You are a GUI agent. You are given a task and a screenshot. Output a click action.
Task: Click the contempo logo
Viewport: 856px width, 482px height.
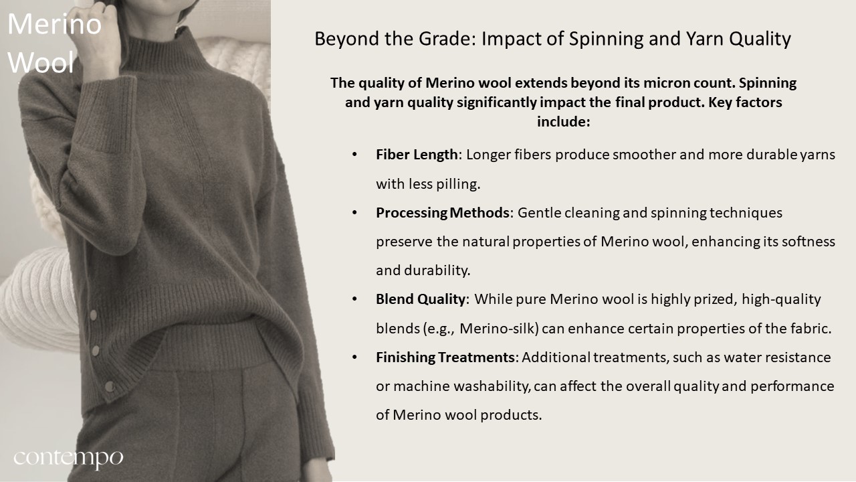pyautogui.click(x=68, y=459)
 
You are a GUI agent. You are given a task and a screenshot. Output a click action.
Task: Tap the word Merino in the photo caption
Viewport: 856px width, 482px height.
pyautogui.click(x=55, y=23)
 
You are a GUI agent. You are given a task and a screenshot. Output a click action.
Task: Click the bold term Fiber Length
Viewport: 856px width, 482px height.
pyautogui.click(x=417, y=155)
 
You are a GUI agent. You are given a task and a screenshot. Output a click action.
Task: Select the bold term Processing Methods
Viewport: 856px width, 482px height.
pyautogui.click(x=443, y=213)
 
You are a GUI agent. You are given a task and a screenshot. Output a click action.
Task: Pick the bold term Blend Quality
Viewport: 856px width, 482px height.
pyautogui.click(x=421, y=299)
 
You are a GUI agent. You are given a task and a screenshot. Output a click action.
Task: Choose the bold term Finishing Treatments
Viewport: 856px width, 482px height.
pyautogui.click(x=445, y=357)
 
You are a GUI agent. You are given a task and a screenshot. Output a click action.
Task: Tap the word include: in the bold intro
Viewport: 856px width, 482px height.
pyautogui.click(x=564, y=122)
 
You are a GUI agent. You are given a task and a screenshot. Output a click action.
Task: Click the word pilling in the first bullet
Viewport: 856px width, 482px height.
pyautogui.click(x=461, y=184)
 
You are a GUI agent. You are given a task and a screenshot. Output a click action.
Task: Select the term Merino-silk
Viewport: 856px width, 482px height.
pyautogui.click(x=499, y=329)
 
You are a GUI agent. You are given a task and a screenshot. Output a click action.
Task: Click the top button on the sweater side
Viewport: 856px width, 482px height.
pyautogui.click(x=93, y=315)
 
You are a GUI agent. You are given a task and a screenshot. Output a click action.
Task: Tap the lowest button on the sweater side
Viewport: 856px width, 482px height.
pyautogui.click(x=109, y=386)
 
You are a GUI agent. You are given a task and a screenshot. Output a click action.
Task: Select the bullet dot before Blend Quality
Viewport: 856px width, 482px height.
pyautogui.click(x=354, y=299)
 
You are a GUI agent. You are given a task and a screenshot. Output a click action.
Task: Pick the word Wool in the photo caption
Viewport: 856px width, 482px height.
pyautogui.click(x=41, y=62)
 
